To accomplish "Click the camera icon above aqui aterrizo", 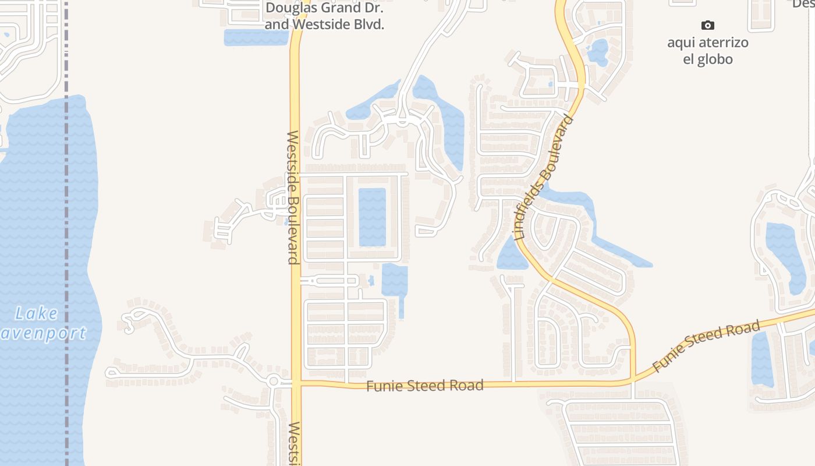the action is (707, 25).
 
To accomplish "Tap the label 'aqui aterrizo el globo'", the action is (708, 51).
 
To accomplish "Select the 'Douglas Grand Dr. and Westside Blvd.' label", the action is (325, 16).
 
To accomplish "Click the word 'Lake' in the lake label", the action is (36, 314).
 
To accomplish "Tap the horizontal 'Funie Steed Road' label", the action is (424, 386).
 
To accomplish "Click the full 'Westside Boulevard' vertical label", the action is (293, 197).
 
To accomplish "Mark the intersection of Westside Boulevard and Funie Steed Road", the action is (296, 383).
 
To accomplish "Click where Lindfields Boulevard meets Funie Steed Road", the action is (633, 382).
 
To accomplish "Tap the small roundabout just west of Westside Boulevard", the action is (274, 382).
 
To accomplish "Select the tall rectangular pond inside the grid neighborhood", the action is (372, 217).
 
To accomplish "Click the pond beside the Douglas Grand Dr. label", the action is (256, 37).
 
